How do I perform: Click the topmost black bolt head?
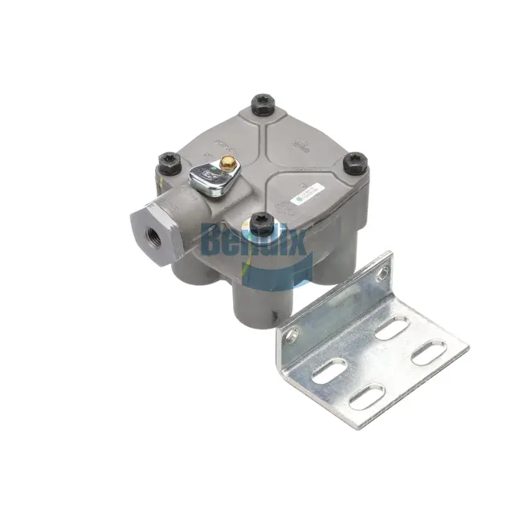pyautogui.click(x=263, y=104)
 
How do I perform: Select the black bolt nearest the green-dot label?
pyautogui.click(x=354, y=164)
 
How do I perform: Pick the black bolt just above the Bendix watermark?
pyautogui.click(x=261, y=222)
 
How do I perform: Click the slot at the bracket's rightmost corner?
pyautogui.click(x=429, y=353)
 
